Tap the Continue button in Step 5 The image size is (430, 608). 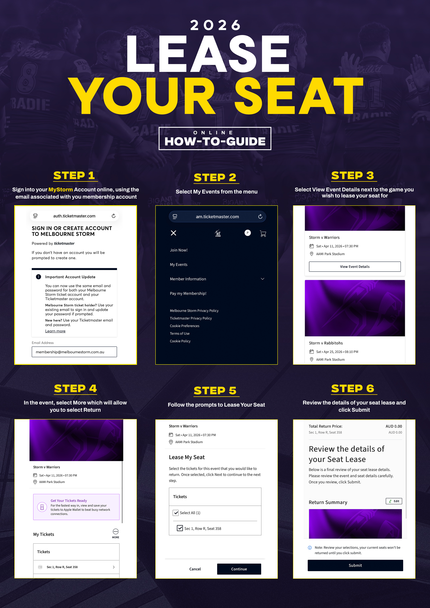tap(239, 569)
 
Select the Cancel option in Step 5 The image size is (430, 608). tap(195, 569)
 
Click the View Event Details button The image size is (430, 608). tap(355, 266)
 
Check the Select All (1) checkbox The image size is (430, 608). tap(176, 513)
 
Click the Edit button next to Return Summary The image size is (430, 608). tap(394, 501)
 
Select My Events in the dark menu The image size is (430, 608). tap(179, 264)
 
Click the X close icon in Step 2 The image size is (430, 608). tap(174, 233)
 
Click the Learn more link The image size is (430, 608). tap(55, 331)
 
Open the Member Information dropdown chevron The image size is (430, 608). tap(263, 279)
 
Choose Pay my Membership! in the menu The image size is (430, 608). tap(188, 293)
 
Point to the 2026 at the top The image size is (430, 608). tap(215, 25)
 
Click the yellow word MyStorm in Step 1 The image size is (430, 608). tap(61, 190)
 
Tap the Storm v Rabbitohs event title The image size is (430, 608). tap(326, 343)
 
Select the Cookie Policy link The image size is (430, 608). tap(180, 341)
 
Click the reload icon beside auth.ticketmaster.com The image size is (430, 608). tap(113, 216)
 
